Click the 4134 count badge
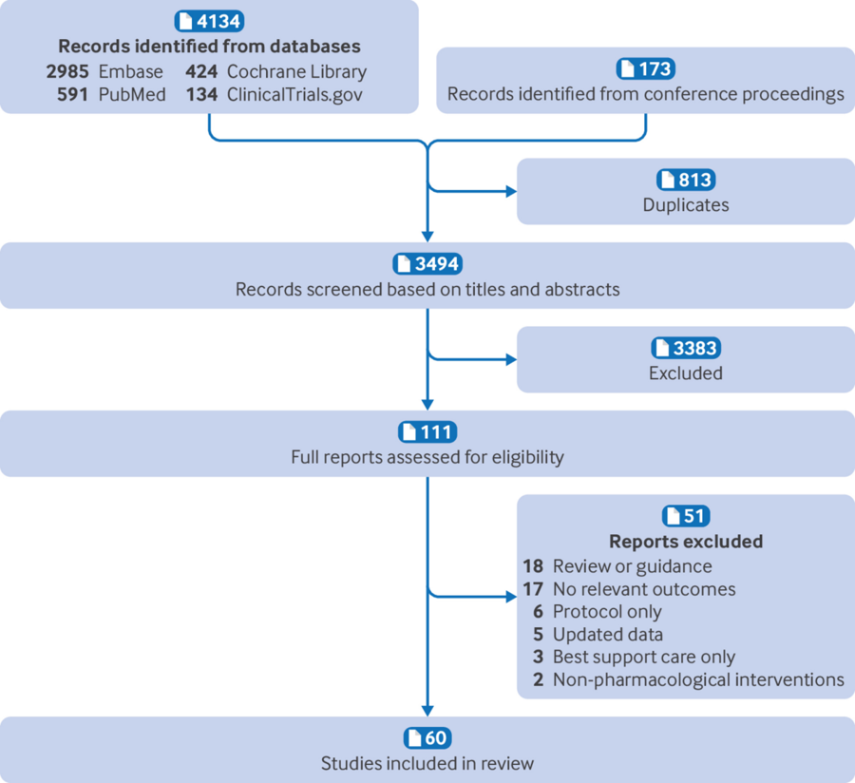[209, 22]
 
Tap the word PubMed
[132, 94]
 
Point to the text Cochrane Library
[296, 71]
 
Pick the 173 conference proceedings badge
[646, 69]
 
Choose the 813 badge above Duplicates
[685, 181]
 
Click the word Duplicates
[685, 204]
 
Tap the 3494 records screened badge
[427, 264]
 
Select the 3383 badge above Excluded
[685, 349]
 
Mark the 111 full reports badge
[427, 432]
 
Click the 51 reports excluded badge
[685, 517]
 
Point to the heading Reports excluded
[685, 542]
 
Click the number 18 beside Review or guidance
[532, 566]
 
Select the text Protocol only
[607, 611]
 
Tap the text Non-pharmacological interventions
[698, 679]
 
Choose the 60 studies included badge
[427, 739]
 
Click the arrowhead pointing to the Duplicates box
[511, 191]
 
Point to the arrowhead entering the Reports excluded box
[511, 597]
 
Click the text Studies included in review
[427, 763]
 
